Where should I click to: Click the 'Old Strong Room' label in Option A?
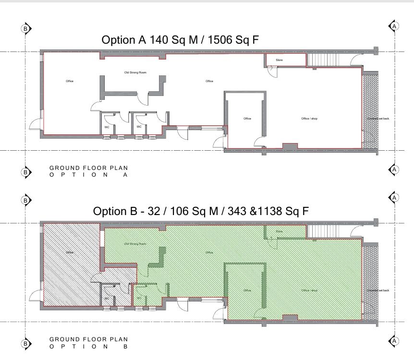click(135, 72)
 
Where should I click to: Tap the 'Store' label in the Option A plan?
click(279, 60)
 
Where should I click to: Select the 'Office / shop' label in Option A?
click(309, 119)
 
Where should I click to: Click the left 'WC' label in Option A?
click(107, 127)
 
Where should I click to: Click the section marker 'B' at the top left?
click(25, 28)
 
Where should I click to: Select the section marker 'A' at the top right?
click(394, 26)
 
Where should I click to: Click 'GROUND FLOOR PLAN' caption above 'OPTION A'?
click(89, 168)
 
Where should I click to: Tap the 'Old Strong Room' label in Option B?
click(135, 244)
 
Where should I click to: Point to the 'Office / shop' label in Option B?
click(309, 290)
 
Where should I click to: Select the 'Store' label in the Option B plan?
click(279, 231)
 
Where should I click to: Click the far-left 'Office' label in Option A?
click(70, 81)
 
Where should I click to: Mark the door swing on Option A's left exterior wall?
click(36, 126)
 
